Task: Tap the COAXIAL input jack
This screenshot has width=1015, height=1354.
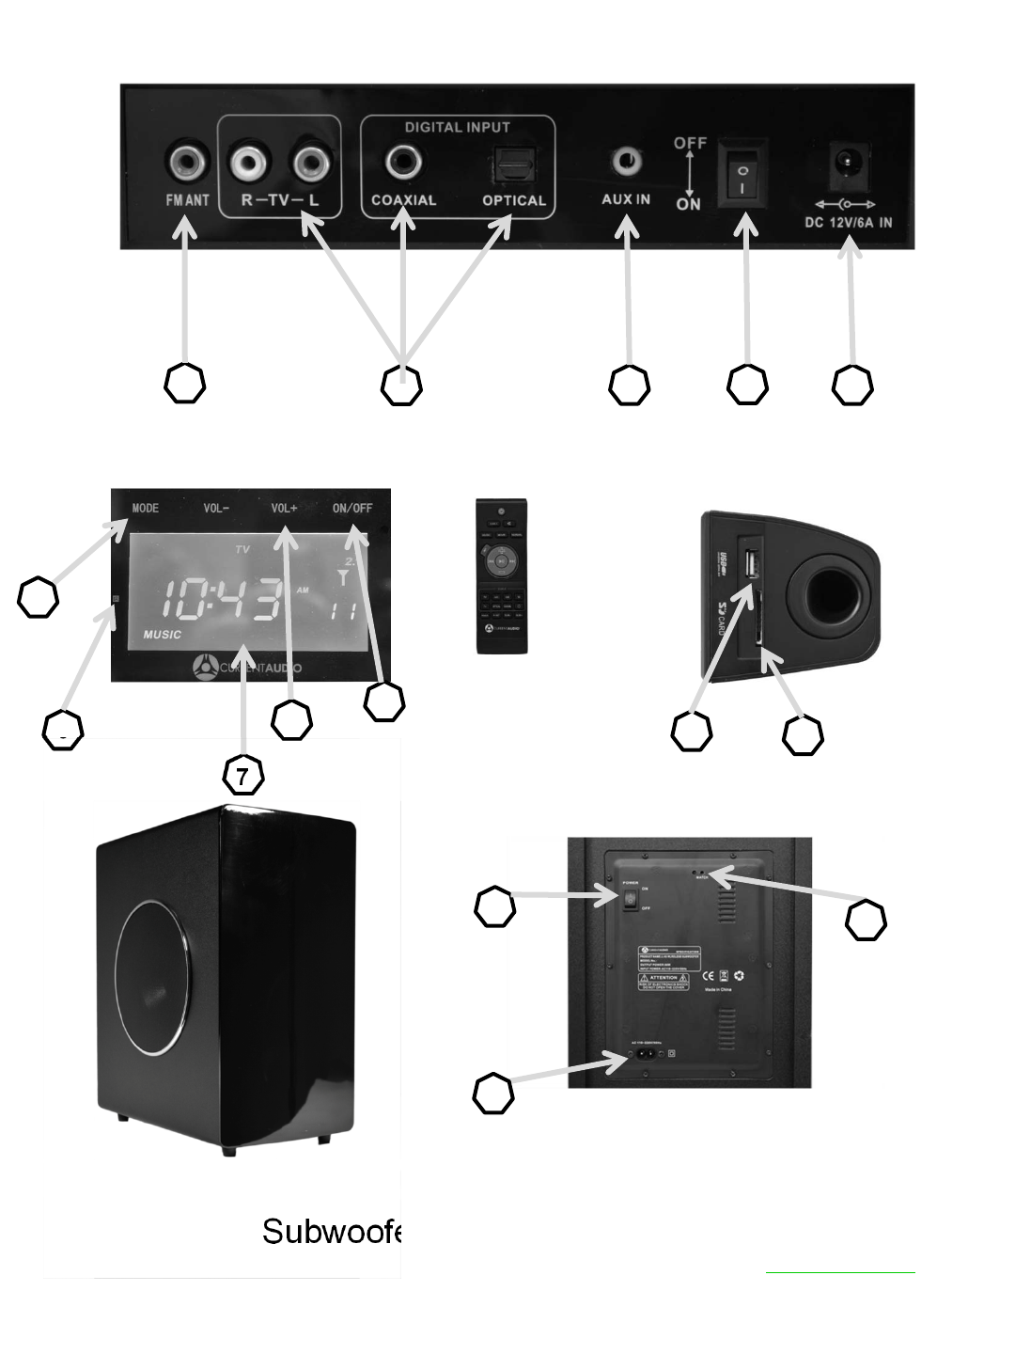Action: click(403, 163)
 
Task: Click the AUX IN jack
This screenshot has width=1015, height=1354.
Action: click(625, 162)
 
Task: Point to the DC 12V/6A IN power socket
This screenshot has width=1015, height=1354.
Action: click(849, 165)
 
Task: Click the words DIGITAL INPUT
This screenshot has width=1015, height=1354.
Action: click(457, 127)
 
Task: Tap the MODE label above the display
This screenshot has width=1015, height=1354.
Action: click(146, 509)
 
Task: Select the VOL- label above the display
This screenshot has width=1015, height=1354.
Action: click(216, 509)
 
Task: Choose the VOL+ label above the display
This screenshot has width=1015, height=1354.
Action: click(284, 509)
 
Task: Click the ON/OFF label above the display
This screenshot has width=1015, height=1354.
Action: click(352, 509)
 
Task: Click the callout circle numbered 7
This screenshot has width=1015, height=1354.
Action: click(242, 777)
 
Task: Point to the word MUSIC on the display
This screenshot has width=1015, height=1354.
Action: click(163, 635)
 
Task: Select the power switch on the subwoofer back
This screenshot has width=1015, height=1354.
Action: click(631, 900)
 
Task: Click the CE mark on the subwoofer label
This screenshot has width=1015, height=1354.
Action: click(709, 975)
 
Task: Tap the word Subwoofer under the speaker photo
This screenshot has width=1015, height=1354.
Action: click(332, 1231)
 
